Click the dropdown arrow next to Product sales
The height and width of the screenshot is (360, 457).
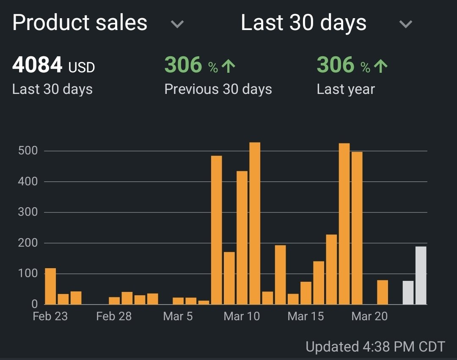pyautogui.click(x=177, y=24)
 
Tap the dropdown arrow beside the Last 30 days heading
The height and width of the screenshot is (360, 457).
pyautogui.click(x=405, y=24)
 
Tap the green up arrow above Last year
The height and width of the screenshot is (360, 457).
pyautogui.click(x=380, y=66)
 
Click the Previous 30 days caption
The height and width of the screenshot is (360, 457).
pyautogui.click(x=218, y=89)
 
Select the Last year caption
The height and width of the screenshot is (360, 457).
pyautogui.click(x=346, y=89)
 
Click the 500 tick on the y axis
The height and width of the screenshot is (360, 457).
pyautogui.click(x=28, y=151)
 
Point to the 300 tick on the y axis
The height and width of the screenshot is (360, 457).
pyautogui.click(x=28, y=212)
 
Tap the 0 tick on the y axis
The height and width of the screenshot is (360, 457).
pyautogui.click(x=35, y=304)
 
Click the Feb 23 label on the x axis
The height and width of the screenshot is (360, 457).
pyautogui.click(x=50, y=316)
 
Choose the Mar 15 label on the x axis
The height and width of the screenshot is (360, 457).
pyautogui.click(x=306, y=316)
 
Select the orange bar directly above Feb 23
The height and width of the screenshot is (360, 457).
pyautogui.click(x=50, y=286)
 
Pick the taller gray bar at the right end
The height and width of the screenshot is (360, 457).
pyautogui.click(x=421, y=275)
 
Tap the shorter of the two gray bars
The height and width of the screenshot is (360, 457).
pyautogui.click(x=408, y=293)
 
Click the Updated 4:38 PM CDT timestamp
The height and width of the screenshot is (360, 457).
pyautogui.click(x=375, y=347)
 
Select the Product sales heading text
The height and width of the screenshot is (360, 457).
pyautogui.click(x=80, y=23)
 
